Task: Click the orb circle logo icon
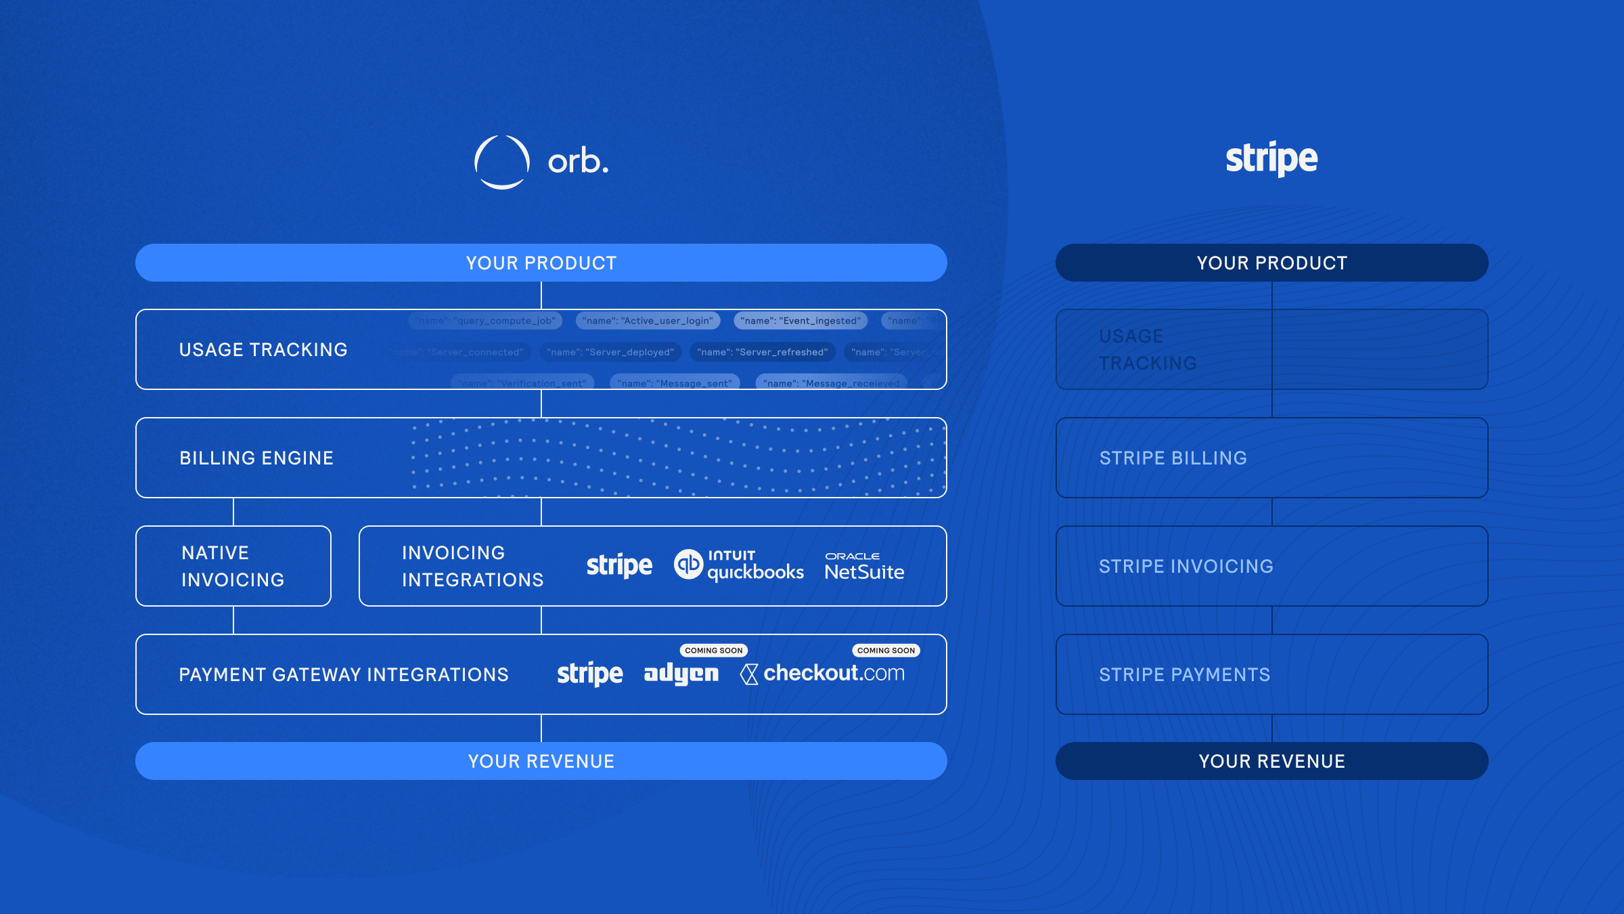click(501, 162)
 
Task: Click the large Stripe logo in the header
click(1271, 159)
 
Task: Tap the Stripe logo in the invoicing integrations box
click(619, 565)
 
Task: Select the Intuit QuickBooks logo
click(739, 565)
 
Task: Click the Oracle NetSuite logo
click(864, 566)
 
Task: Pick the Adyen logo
click(681, 674)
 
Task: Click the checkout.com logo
click(822, 674)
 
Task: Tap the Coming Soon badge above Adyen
click(713, 650)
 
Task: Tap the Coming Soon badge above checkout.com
click(886, 650)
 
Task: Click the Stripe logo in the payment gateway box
click(589, 674)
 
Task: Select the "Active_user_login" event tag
click(648, 321)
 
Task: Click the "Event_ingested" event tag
click(800, 321)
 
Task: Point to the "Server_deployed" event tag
click(610, 352)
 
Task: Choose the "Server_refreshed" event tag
click(763, 352)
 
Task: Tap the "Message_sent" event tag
click(675, 383)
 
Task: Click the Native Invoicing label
click(233, 566)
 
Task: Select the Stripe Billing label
click(1173, 458)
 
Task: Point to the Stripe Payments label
click(1184, 674)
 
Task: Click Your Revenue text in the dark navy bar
click(1271, 761)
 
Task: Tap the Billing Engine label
click(256, 458)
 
